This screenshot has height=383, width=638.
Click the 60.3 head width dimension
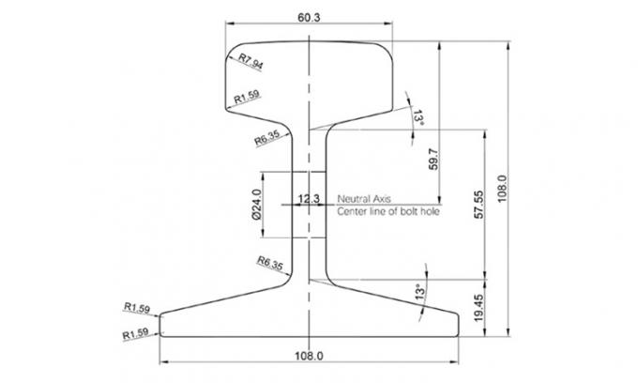coord(308,18)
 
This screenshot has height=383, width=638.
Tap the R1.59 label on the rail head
coord(247,96)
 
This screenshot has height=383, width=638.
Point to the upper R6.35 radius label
coord(267,139)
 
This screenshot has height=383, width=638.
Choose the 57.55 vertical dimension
coord(478,202)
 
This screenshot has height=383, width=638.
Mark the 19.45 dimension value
coord(479,307)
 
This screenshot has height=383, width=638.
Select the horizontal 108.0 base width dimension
coord(308,356)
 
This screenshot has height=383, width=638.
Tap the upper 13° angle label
coord(418,118)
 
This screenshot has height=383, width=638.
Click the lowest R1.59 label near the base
coord(137,333)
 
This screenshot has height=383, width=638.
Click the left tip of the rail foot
coord(159,325)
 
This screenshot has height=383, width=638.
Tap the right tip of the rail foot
coord(460,325)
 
